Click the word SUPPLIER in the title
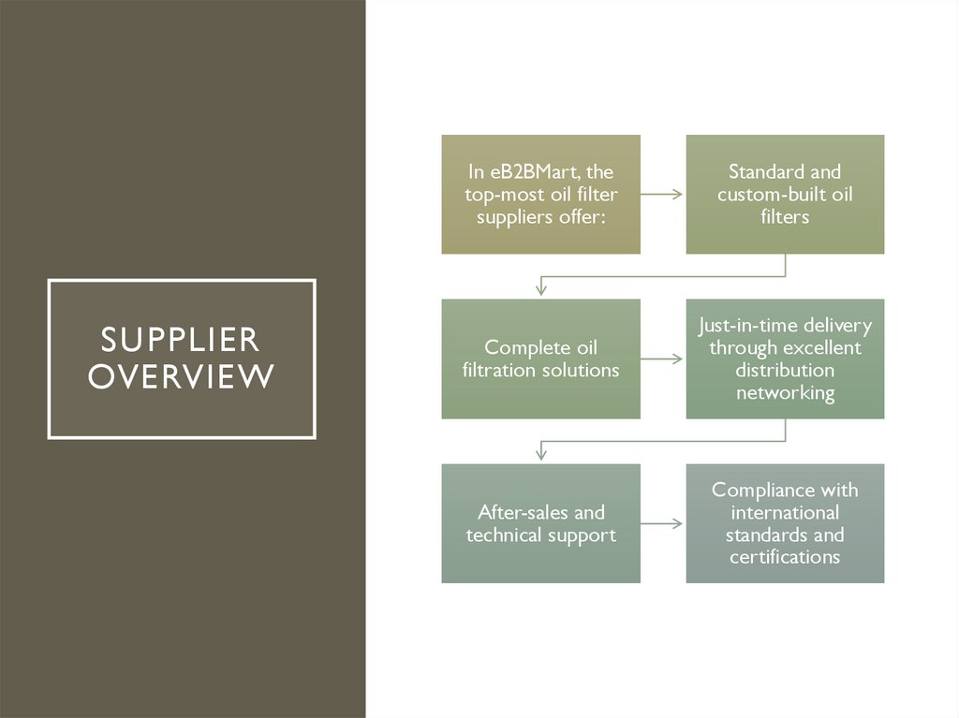181,338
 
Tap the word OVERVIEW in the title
181,376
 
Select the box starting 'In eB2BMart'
541,195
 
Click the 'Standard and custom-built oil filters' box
785,195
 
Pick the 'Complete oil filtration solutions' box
541,359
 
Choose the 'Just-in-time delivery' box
785,359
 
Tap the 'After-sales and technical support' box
541,523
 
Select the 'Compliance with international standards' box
785,523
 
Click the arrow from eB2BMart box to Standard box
663,195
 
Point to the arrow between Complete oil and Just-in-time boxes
663,359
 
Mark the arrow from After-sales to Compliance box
663,523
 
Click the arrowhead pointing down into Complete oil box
540,291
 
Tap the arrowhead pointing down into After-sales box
540,455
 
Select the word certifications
785,557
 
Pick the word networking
785,392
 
